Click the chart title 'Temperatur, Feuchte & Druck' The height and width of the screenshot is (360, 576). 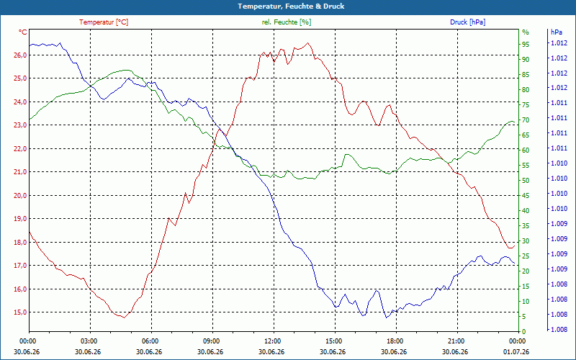[291, 6]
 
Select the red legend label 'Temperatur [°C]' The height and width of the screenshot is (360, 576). [104, 22]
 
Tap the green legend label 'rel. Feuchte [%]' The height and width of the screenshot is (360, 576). [286, 22]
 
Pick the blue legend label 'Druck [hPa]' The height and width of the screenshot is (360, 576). [467, 22]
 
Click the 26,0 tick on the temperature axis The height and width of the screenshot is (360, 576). [20, 55]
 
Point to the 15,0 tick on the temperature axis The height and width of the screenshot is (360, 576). [20, 312]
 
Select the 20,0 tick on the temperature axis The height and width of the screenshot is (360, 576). [20, 195]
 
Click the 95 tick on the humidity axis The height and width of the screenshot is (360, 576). [526, 44]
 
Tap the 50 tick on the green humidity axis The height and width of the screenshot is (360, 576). [526, 181]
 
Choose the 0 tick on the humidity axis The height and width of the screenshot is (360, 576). [524, 332]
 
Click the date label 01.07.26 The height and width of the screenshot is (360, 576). [516, 351]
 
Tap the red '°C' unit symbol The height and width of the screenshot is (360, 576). [22, 32]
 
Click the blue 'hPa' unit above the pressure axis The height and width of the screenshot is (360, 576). [556, 32]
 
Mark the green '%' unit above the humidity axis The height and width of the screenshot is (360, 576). [526, 32]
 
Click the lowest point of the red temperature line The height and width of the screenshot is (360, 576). [124, 318]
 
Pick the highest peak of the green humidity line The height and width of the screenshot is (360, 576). [127, 70]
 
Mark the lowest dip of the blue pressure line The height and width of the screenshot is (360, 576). [386, 318]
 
